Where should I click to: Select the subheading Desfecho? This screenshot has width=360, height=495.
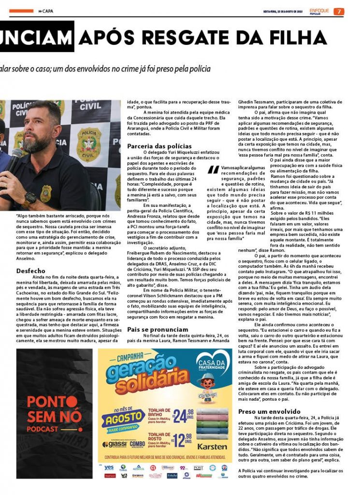click(30, 271)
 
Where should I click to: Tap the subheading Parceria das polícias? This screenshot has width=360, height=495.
click(159, 146)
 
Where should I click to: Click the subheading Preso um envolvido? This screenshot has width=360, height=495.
click(269, 411)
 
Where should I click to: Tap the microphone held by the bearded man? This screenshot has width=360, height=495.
click(14, 159)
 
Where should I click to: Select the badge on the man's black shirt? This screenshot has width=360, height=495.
click(46, 193)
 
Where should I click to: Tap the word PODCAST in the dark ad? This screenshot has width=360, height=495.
click(42, 429)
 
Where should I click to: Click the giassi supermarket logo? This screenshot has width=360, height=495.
click(115, 444)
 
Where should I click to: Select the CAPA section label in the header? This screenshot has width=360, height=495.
click(48, 11)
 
